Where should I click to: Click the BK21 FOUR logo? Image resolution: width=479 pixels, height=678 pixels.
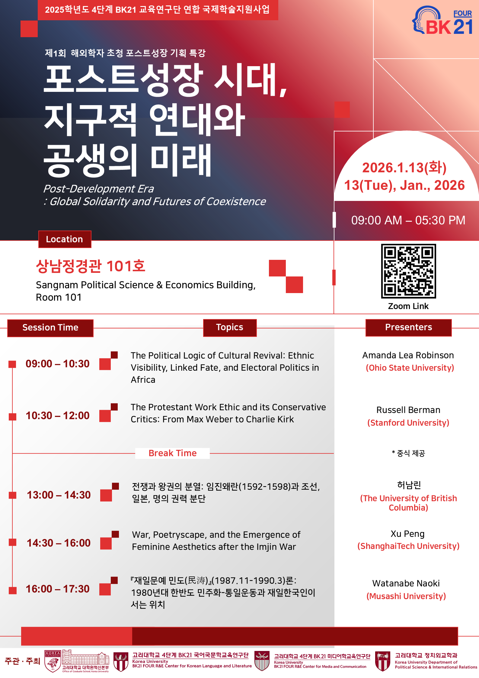(x=442, y=20)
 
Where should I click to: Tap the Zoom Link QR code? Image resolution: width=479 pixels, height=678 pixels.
(x=408, y=271)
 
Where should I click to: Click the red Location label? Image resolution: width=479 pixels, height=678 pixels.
(x=65, y=239)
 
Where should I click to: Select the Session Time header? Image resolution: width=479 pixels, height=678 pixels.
(x=50, y=328)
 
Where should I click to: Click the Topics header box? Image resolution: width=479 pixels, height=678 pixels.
(x=230, y=328)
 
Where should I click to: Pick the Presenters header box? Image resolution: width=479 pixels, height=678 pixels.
(x=408, y=328)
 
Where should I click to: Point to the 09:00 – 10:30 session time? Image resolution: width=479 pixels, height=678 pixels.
(x=57, y=364)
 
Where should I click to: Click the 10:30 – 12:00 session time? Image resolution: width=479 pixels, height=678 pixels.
(x=57, y=416)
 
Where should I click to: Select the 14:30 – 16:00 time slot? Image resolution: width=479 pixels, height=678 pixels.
(x=59, y=543)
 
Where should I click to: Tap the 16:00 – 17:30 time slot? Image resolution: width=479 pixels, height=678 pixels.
(x=57, y=589)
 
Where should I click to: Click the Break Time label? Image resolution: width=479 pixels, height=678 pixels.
(x=173, y=453)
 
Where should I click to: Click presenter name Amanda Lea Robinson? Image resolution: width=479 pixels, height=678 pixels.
(x=408, y=355)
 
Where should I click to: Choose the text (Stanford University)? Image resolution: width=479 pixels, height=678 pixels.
(x=408, y=423)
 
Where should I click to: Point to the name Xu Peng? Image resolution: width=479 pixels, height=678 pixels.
(x=407, y=534)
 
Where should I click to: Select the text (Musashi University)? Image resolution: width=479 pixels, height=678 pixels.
(x=406, y=596)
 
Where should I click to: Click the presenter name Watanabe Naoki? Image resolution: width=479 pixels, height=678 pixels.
(x=406, y=583)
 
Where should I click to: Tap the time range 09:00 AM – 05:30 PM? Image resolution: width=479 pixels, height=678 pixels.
(x=408, y=220)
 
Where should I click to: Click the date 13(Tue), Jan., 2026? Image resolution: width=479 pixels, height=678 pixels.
(x=404, y=185)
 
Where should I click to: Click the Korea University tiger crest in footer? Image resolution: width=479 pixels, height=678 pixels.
(x=53, y=661)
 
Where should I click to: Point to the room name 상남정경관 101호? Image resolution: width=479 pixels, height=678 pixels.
(x=91, y=266)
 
